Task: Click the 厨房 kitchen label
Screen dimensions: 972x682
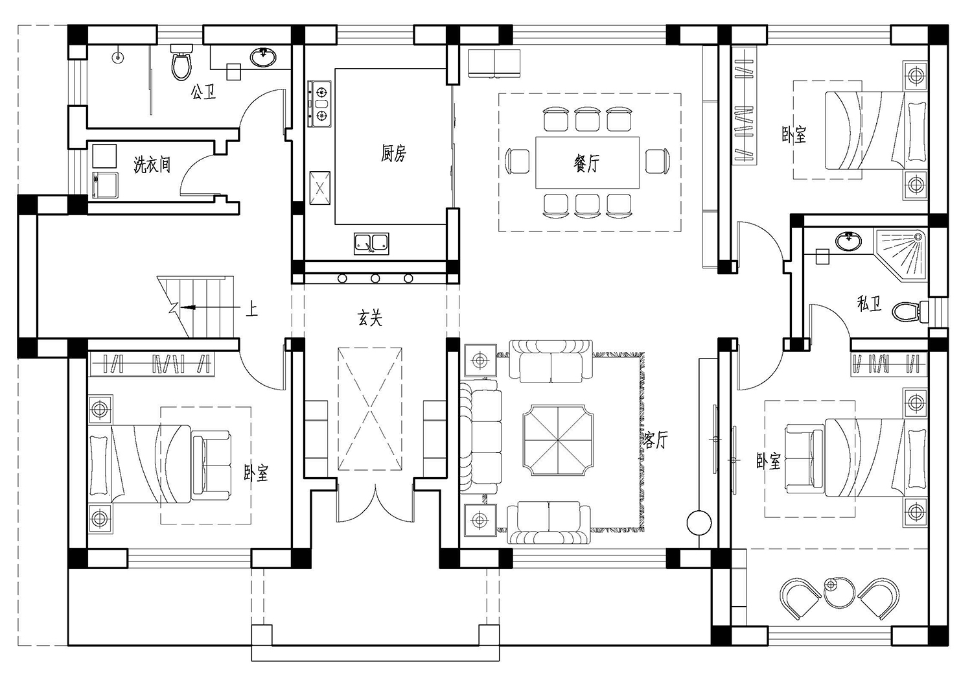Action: (393, 154)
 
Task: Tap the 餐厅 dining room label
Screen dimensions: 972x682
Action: (586, 163)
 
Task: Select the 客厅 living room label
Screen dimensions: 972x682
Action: (654, 440)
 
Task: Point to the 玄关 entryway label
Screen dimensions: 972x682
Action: (370, 318)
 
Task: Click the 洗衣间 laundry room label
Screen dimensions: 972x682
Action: (152, 165)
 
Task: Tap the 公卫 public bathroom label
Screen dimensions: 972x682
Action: (203, 91)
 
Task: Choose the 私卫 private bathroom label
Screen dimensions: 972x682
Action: (869, 303)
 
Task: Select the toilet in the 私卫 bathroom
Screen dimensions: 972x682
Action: (910, 312)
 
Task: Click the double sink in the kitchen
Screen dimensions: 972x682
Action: (371, 244)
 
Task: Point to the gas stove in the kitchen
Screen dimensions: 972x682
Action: (319, 104)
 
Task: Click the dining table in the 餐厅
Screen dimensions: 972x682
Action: (588, 163)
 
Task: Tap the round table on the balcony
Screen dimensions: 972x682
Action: (839, 592)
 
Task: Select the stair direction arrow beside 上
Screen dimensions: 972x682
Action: (210, 307)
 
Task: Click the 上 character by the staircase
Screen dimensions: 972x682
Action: (251, 309)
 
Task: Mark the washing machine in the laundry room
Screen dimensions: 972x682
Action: (105, 185)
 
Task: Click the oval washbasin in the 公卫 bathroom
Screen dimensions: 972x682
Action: (263, 57)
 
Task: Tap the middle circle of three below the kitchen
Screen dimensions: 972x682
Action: (375, 278)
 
